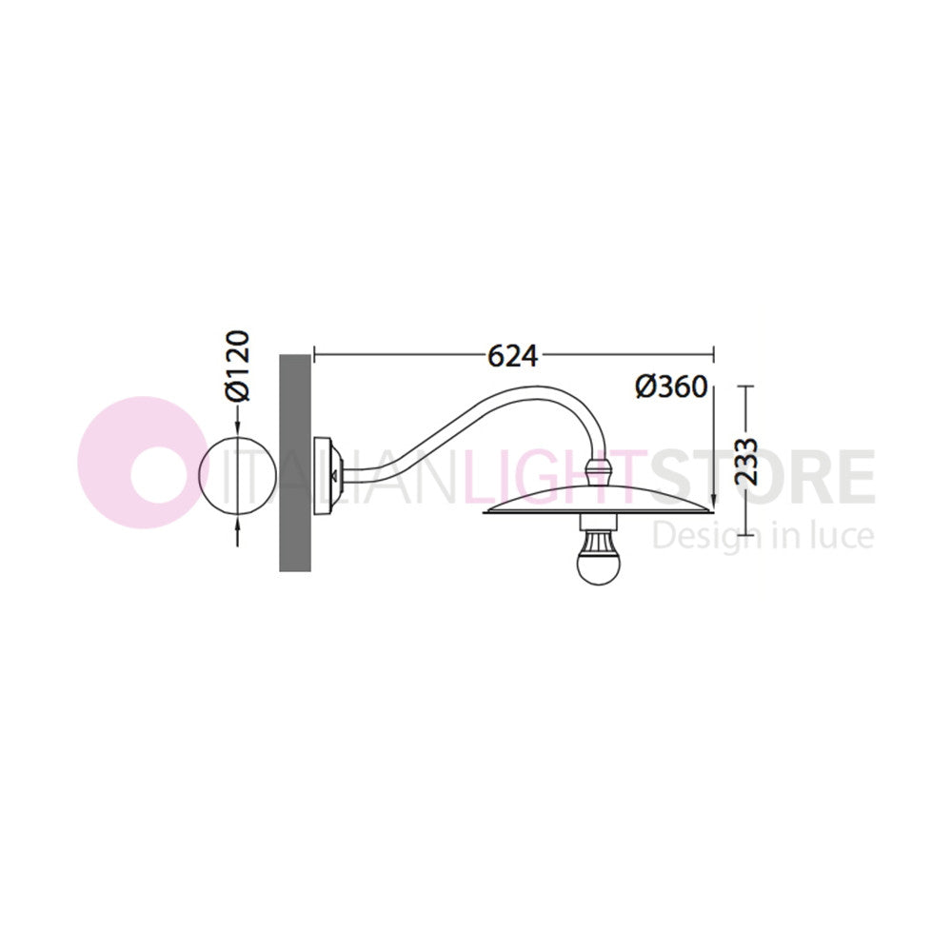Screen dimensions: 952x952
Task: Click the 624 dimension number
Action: pos(513,356)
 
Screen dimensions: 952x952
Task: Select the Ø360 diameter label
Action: pos(671,387)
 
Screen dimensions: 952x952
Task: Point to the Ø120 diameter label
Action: pos(237,366)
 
